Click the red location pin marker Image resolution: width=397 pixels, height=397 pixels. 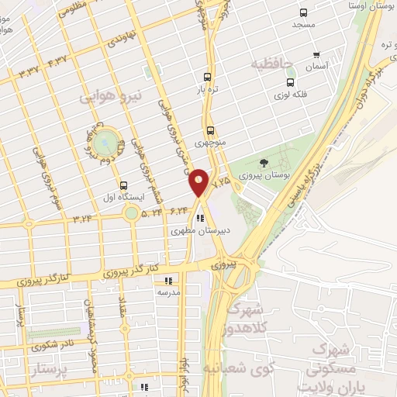click(x=198, y=183)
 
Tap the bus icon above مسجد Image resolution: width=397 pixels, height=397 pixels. click(x=302, y=12)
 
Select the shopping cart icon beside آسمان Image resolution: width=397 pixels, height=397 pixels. click(x=316, y=55)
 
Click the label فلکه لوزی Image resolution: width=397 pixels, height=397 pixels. click(x=291, y=95)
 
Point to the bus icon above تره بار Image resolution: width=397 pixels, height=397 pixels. click(x=207, y=77)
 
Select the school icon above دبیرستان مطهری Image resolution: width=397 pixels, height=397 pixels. click(x=200, y=217)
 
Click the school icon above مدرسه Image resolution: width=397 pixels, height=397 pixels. click(x=169, y=280)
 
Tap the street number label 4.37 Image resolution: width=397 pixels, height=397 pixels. click(x=57, y=60)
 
